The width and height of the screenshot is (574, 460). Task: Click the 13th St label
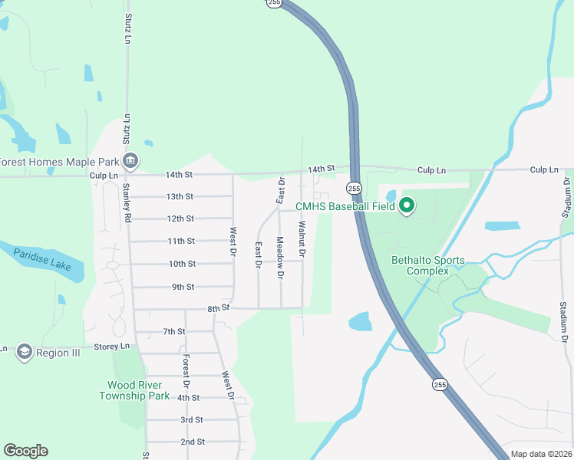(x=180, y=196)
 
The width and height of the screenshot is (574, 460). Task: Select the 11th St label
(x=181, y=241)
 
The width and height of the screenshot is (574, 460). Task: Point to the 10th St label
(x=182, y=264)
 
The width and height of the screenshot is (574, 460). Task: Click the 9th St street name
(x=183, y=287)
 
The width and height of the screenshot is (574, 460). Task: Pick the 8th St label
(x=219, y=308)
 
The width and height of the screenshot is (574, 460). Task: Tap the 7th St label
(x=174, y=331)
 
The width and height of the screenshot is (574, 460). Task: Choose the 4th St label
(x=188, y=398)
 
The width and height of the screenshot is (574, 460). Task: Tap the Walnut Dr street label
(x=302, y=238)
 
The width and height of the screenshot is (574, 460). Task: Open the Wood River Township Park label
(x=134, y=390)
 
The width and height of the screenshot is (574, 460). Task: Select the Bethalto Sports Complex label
(x=428, y=265)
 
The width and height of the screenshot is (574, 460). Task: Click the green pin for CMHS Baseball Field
(x=407, y=205)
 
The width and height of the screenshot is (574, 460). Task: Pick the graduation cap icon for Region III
(x=23, y=352)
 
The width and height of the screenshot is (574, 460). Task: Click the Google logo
(x=25, y=451)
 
